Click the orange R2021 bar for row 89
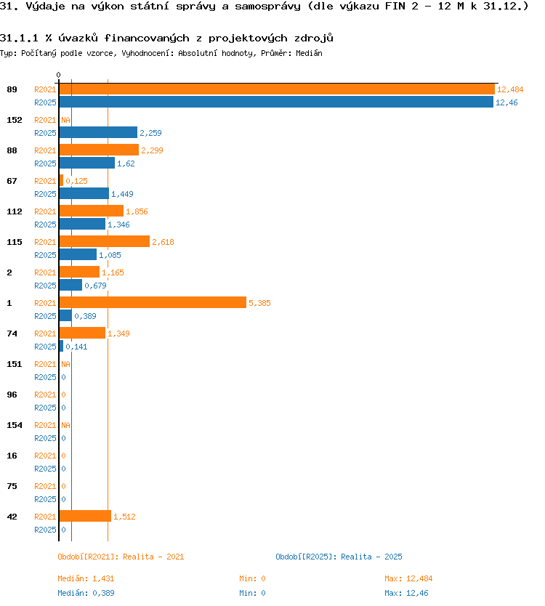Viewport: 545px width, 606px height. click(x=277, y=89)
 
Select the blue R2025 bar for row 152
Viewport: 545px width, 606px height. click(x=98, y=132)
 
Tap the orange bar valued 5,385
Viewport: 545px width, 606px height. click(x=153, y=302)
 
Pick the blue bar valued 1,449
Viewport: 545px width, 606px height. click(x=84, y=193)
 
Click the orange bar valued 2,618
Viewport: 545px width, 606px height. click(x=105, y=241)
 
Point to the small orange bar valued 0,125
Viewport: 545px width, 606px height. click(x=61, y=180)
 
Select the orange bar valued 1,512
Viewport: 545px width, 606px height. click(x=85, y=517)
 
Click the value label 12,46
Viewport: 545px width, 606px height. click(x=506, y=102)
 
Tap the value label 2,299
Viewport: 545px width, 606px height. click(x=153, y=150)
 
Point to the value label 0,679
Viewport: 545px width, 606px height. click(x=95, y=286)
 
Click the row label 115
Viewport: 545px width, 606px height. click(x=15, y=242)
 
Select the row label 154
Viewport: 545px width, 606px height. click(x=15, y=425)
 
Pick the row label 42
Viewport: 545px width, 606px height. click(x=12, y=517)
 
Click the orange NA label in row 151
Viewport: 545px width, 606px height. click(x=65, y=364)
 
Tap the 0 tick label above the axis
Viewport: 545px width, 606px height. click(x=58, y=75)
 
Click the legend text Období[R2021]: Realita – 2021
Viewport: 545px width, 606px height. click(x=121, y=557)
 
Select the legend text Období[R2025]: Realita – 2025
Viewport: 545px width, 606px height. click(x=339, y=557)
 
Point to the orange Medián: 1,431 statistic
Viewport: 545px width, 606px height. click(x=86, y=578)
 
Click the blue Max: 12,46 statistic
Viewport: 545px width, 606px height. click(x=406, y=593)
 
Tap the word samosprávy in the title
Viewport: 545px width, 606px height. click(x=267, y=7)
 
